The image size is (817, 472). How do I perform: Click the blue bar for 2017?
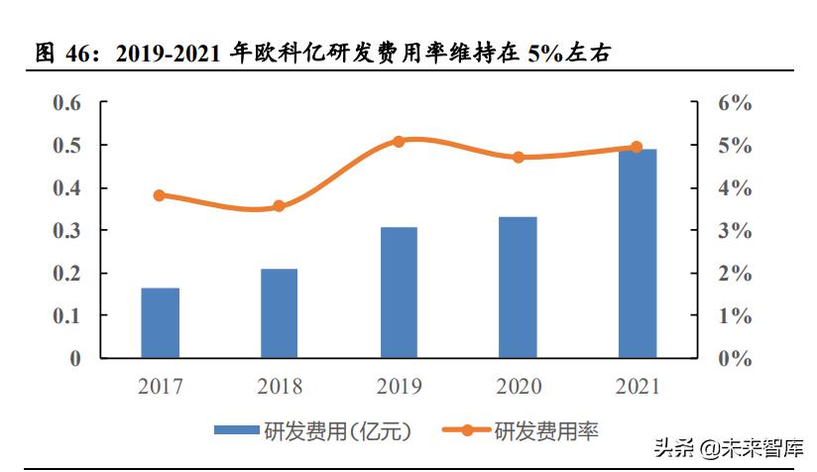160,322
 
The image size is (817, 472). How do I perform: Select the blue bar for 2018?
279,312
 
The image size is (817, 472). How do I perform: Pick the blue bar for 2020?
518,287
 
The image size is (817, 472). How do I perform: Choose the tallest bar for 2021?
638,253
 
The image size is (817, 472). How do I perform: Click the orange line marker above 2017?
160,195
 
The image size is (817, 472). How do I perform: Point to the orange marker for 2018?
279,206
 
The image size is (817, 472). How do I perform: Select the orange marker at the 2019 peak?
399,142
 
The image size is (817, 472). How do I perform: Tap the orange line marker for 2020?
518,157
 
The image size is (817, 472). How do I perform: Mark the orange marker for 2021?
637,147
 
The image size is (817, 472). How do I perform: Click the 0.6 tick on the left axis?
67,103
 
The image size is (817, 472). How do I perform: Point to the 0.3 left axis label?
67,231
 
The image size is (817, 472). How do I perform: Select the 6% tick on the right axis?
736,103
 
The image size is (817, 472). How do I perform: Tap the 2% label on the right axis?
736,274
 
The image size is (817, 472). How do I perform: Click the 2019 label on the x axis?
399,386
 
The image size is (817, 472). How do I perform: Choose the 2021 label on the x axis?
638,386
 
